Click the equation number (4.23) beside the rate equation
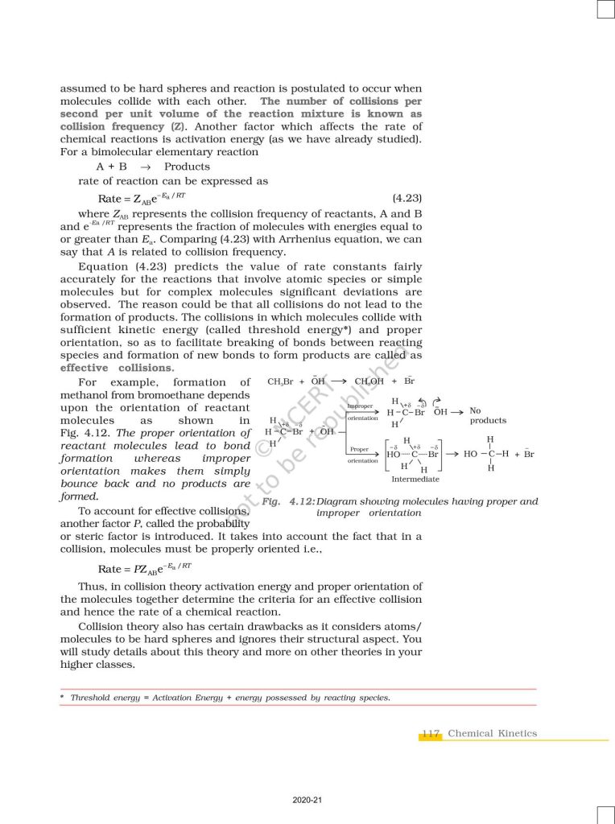(407, 198)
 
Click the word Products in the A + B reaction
(187, 167)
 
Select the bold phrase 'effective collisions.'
(117, 368)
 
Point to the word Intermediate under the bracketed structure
(415, 479)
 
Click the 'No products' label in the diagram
(487, 415)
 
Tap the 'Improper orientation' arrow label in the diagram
(362, 412)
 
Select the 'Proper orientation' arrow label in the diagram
(361, 455)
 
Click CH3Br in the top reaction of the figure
(281, 381)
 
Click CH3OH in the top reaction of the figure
(369, 381)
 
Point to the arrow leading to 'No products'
(457, 411)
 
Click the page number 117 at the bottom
(431, 733)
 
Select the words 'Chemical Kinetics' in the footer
(492, 733)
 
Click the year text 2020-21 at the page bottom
(307, 800)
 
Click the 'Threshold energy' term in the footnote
(97, 698)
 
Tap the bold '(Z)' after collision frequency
(176, 126)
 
